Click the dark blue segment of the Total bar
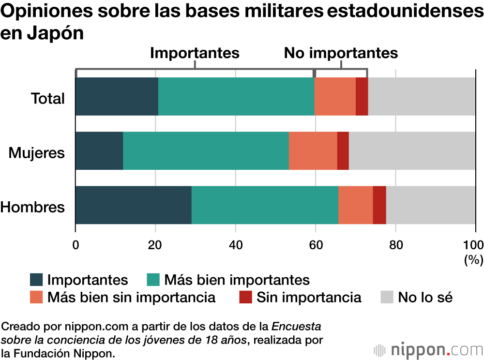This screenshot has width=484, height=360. coord(117,96)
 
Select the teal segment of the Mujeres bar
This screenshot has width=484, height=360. coord(206,150)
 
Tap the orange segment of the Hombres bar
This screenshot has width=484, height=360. coord(355,205)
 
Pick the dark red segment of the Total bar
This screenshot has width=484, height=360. coord(362,96)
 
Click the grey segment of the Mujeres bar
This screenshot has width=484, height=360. coord(412,150)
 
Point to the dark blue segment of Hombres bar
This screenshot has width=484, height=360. coord(133,205)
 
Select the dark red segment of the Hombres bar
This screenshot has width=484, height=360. coord(379,205)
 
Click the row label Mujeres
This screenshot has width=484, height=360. coord(37,153)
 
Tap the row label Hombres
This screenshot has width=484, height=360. coord(32,207)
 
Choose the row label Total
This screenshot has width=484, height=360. coord(48,99)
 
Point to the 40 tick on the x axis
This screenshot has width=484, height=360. coord(235,244)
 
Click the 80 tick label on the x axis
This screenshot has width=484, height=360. coord(395,244)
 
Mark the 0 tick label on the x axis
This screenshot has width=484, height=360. coord(76,244)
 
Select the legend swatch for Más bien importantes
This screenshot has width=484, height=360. coord(153,280)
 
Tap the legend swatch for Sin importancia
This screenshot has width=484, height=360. coord(245,297)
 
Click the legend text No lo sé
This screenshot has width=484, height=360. coord(425,297)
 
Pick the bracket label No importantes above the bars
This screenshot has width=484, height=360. coord(341,53)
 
